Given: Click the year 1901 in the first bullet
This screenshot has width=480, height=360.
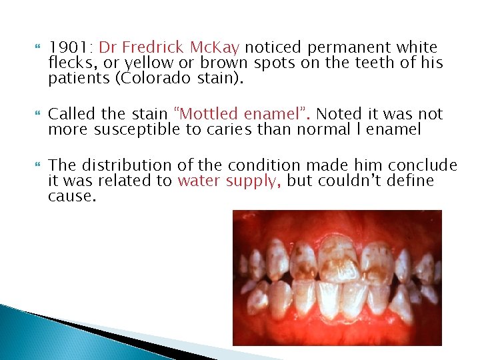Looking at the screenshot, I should [70, 48].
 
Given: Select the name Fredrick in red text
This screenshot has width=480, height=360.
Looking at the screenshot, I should [155, 48].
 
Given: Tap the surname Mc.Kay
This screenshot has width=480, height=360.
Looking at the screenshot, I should [216, 48].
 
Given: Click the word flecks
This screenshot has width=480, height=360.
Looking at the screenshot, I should [69, 64].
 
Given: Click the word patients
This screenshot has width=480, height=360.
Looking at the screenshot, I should [77, 79].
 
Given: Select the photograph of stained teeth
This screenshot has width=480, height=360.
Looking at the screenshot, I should [337, 277].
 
